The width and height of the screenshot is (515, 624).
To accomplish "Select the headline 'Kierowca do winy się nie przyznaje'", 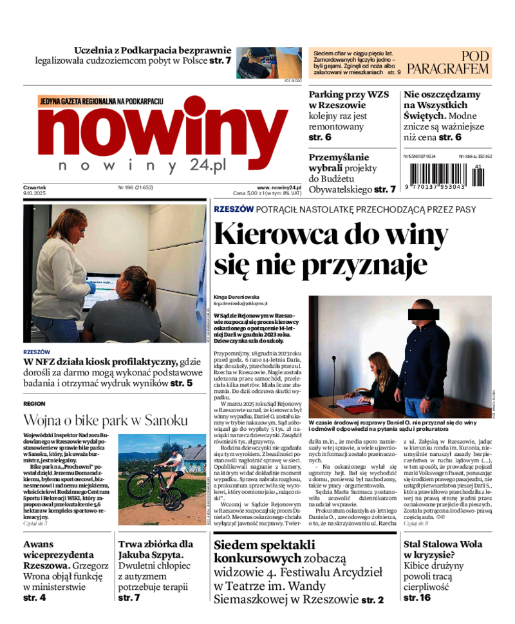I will [x=331, y=248].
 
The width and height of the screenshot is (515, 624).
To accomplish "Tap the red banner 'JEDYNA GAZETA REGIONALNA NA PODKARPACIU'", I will [x=101, y=102].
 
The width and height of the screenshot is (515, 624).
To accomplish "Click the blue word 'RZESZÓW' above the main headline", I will [x=233, y=209].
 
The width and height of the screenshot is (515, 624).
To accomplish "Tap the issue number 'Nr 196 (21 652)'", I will [x=135, y=188].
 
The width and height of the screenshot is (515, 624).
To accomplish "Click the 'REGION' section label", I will [x=33, y=403].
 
